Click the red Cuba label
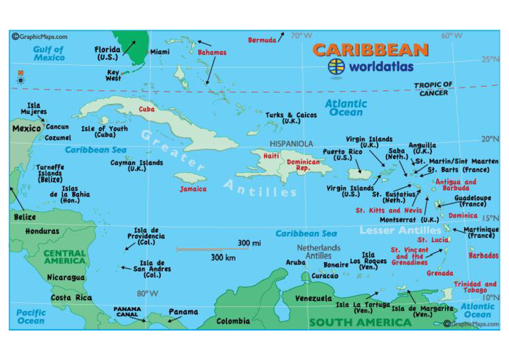coord(146,109)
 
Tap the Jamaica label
coord(193,189)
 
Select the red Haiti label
coord(271,156)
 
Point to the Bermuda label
coord(262,40)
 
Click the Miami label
coord(160,52)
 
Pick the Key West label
coord(113,76)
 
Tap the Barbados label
coord(483,255)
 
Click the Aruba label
coord(296,263)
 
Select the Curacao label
coord(325,276)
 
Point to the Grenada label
coord(440,273)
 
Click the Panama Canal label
coord(127,312)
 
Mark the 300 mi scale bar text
coord(249,243)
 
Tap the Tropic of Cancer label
coord(433,89)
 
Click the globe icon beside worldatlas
coord(337,66)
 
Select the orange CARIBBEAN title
coord(370,50)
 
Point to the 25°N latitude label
coord(490,60)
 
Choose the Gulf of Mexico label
coord(50,54)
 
